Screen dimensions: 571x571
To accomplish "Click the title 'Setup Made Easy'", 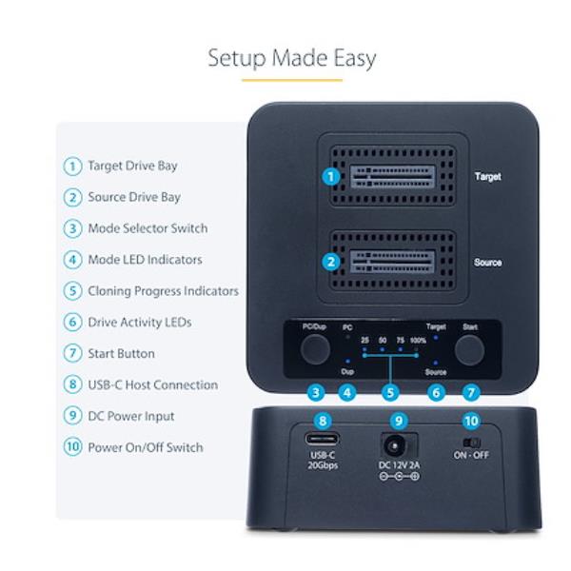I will tap(291, 58).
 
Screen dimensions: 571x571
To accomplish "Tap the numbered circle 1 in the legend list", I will tap(72, 166).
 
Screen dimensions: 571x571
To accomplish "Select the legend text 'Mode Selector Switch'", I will tap(148, 228).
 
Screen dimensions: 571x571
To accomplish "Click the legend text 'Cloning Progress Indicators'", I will tap(163, 291).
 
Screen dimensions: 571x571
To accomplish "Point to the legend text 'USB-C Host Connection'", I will tap(152, 384).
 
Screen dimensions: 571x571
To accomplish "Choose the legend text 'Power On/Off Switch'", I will tap(145, 447).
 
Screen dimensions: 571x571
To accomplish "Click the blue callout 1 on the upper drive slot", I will tap(330, 176).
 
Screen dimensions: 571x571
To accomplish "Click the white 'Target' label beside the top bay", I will tap(487, 177).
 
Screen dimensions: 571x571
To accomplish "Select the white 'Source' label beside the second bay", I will tap(487, 263).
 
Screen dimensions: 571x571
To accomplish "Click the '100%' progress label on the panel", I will tap(418, 340).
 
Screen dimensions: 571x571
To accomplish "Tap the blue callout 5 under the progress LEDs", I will tap(389, 391).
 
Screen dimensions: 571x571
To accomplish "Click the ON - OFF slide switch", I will tap(470, 443).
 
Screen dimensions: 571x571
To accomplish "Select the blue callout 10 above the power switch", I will tap(470, 420).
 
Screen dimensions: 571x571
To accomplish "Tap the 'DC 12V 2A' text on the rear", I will tap(399, 463).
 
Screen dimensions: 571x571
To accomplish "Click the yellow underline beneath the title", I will tap(291, 80).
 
